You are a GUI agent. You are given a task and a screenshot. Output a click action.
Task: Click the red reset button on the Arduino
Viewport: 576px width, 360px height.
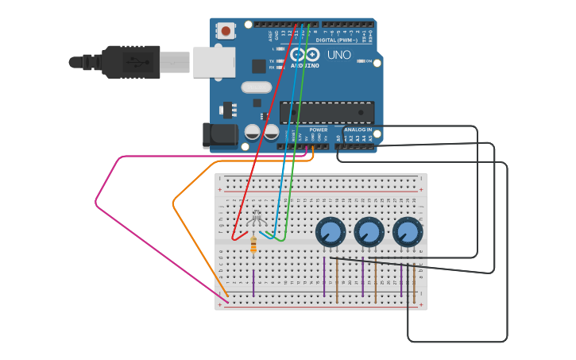pos(226,31)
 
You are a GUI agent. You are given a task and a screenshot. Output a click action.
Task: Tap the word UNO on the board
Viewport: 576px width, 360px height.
pos(339,55)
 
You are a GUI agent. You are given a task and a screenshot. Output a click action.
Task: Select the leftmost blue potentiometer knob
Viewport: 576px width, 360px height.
pos(331,232)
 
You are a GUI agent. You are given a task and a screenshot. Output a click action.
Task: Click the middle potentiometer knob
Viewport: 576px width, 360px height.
pos(369,232)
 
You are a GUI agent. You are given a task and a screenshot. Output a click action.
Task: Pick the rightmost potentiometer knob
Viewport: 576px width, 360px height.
pos(408,232)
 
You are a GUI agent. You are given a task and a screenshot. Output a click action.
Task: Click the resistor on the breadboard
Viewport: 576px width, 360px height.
pos(253,246)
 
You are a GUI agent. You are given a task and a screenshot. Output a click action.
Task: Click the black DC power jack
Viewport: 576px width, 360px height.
pos(219,135)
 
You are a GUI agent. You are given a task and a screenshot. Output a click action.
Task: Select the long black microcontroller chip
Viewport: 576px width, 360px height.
pos(326,112)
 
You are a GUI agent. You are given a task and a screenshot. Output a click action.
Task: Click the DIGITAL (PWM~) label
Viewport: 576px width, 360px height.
pos(337,40)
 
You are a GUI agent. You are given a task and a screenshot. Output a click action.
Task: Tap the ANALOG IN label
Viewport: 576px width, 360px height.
pos(358,130)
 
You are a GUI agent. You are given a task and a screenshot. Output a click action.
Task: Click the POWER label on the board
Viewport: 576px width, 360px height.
pos(318,130)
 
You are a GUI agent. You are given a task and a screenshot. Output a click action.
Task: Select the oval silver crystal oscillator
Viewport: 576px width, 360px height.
pos(256,87)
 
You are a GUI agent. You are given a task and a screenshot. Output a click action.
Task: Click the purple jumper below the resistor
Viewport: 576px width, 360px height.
pos(253,282)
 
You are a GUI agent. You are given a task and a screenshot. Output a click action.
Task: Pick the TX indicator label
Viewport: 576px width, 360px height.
pos(272,61)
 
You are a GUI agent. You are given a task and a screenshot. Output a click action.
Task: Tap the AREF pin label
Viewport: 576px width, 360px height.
pos(271,36)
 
